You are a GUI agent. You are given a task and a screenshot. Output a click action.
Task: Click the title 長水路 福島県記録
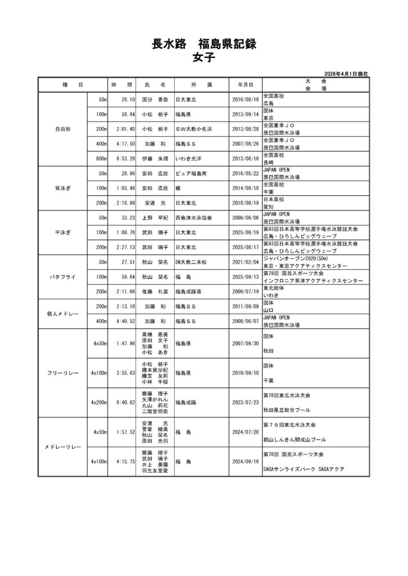coord(203,44)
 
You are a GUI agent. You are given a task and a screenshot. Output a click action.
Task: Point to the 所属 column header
coord(201,84)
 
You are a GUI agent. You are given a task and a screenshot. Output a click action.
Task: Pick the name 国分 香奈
coord(156,100)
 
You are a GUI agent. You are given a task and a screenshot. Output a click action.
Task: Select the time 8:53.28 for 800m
coord(123,158)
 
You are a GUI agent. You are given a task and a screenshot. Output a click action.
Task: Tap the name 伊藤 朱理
coord(156,158)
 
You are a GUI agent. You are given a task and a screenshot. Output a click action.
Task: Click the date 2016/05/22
coord(245,174)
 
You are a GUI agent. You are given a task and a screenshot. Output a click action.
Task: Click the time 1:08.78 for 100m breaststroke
coord(123,232)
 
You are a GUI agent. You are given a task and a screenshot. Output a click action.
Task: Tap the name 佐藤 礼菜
coord(156,291)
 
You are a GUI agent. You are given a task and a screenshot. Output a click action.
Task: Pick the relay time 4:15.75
coord(123,461)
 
